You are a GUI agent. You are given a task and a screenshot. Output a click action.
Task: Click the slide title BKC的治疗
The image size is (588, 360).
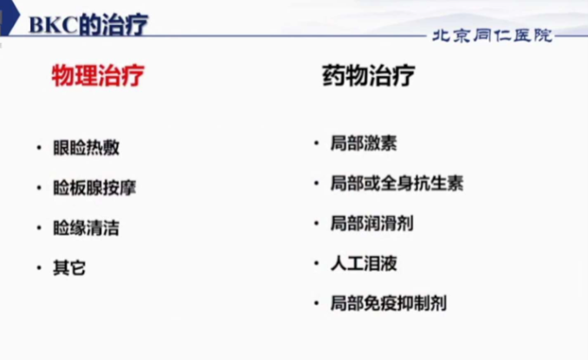pyautogui.click(x=88, y=24)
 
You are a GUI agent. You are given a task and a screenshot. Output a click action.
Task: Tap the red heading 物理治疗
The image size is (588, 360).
pyautogui.click(x=98, y=75)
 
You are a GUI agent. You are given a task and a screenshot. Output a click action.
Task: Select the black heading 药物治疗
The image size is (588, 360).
pyautogui.click(x=369, y=75)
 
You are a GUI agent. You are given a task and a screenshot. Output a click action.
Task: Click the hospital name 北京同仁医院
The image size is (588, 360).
pyautogui.click(x=493, y=35)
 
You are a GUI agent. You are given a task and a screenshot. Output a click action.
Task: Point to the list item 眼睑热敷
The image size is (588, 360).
pyautogui.click(x=87, y=148)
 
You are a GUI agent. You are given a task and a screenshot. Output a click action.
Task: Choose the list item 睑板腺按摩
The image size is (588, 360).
pyautogui.click(x=94, y=188)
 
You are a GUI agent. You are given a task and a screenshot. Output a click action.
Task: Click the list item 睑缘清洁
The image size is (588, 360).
pyautogui.click(x=87, y=228)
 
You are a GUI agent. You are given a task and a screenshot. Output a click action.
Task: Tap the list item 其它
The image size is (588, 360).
pyautogui.click(x=69, y=268)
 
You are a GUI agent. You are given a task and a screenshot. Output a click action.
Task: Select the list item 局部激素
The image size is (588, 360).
pyautogui.click(x=364, y=143)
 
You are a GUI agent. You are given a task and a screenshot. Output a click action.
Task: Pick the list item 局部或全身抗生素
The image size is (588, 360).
pyautogui.click(x=397, y=183)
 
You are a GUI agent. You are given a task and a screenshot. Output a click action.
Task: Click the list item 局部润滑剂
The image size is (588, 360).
pyautogui.click(x=372, y=223)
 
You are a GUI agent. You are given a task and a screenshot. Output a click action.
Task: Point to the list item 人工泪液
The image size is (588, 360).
pyautogui.click(x=364, y=263)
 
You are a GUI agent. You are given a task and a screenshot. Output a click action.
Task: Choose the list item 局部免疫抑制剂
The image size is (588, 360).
pyautogui.click(x=389, y=304)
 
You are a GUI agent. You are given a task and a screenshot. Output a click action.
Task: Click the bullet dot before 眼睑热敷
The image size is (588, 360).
pyautogui.click(x=39, y=148)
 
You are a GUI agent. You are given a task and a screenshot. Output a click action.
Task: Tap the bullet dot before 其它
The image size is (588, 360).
pyautogui.click(x=39, y=268)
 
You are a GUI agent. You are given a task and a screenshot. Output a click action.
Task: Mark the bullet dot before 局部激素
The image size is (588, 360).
pyautogui.click(x=316, y=143)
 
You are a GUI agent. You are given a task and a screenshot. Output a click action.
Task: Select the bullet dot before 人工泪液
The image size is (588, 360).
pyautogui.click(x=316, y=263)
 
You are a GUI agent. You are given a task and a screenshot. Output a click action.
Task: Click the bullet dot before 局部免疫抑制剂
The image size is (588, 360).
pyautogui.click(x=316, y=303)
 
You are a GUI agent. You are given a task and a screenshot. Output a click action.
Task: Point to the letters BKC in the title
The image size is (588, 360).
pyautogui.click(x=53, y=25)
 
